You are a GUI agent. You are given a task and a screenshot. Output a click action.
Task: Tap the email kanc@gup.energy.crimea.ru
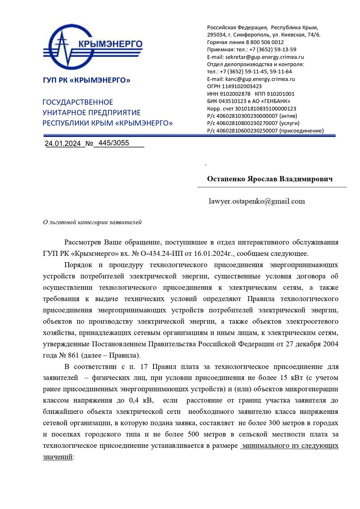[x=251, y=79]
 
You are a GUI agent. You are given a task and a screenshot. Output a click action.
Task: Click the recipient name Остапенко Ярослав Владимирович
[x=270, y=179]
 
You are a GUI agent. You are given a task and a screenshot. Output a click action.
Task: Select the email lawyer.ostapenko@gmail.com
[x=257, y=201]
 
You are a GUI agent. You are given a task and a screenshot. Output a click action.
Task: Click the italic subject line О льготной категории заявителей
[x=92, y=222]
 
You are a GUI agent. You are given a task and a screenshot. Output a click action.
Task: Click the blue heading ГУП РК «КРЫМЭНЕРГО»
[x=87, y=80]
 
